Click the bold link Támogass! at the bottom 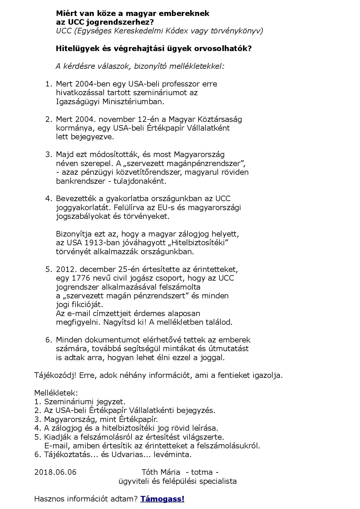click(x=162, y=499)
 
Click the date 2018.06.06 click(x=55, y=472)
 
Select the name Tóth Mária click(x=161, y=472)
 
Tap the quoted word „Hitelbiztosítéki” click(x=197, y=243)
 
